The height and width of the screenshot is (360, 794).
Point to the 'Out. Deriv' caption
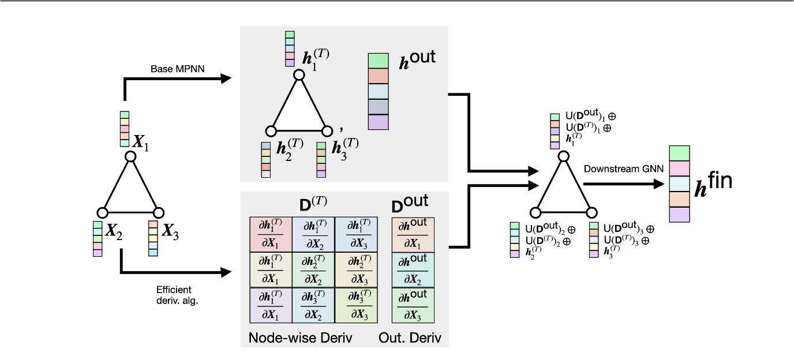click(410, 338)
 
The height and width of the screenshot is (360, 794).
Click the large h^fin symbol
click(712, 183)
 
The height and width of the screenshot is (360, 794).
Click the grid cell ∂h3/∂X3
click(355, 305)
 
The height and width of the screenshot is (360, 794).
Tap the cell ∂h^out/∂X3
click(413, 305)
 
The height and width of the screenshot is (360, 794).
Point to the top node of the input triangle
click(131, 156)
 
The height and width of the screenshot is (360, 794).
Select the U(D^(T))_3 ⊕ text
click(627, 240)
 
